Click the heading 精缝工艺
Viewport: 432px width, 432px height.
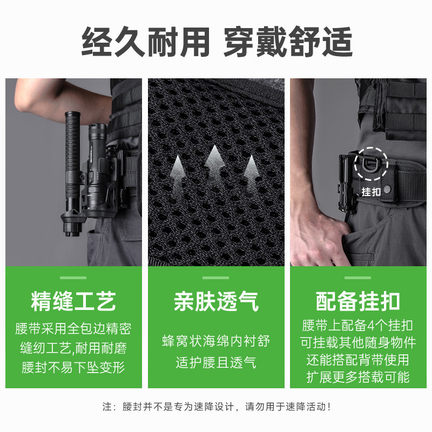(x=73, y=301)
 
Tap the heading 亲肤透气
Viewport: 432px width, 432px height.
(x=216, y=301)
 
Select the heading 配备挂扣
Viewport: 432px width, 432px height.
(x=358, y=301)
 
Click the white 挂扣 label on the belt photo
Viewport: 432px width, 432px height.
(x=371, y=192)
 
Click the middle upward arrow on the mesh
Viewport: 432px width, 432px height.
(x=214, y=163)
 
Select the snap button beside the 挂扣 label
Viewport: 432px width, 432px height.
(x=387, y=189)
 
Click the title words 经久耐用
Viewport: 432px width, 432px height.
(x=145, y=42)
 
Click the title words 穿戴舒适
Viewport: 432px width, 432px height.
(x=288, y=42)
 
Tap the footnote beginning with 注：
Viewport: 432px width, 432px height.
(x=216, y=407)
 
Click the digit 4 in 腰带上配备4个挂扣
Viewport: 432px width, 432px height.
(x=372, y=326)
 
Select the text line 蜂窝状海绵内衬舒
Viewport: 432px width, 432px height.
(x=216, y=341)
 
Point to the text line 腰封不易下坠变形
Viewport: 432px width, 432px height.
(x=73, y=367)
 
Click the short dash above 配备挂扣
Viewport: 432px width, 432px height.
(x=358, y=278)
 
